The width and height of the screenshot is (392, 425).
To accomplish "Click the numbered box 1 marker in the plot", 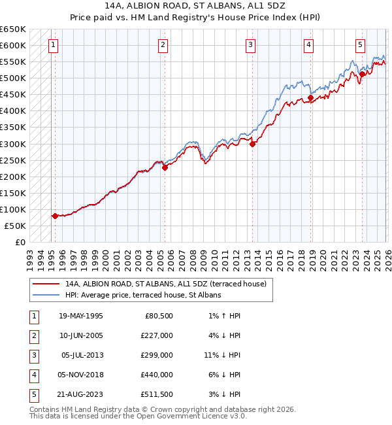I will click(53, 45).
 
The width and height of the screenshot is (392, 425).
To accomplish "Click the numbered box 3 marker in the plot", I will click(251, 45).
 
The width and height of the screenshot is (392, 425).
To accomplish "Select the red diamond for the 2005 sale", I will click(165, 167).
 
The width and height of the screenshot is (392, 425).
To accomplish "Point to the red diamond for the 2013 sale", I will click(252, 144).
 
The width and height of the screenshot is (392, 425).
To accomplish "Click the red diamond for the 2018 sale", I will click(310, 98).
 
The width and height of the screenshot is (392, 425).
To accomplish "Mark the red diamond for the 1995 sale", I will click(55, 216).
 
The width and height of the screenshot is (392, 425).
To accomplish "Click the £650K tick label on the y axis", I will click(13, 29).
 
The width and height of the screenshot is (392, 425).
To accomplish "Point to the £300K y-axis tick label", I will click(13, 144).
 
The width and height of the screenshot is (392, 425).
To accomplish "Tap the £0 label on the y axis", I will click(20, 242).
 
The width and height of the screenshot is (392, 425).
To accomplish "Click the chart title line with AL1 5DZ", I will click(196, 6).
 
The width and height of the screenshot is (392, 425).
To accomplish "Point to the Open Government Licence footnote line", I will click(138, 416).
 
